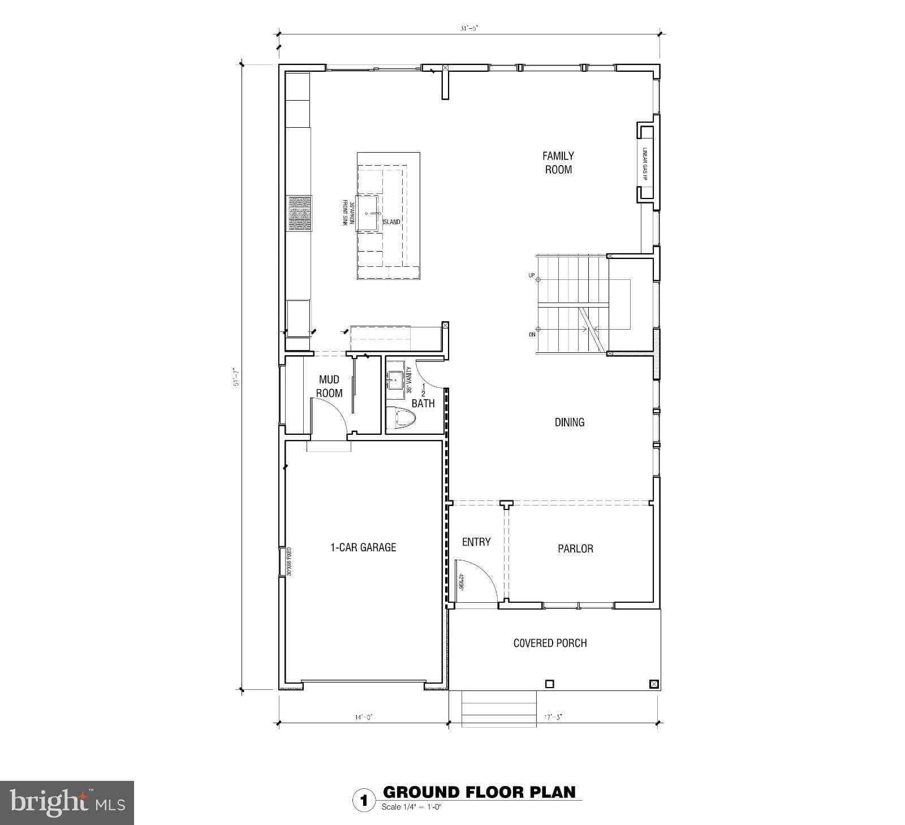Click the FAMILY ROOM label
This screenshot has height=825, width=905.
click(558, 163)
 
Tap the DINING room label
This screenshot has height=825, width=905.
click(569, 422)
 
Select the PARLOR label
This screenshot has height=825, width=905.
click(575, 548)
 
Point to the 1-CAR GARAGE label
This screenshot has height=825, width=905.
click(363, 547)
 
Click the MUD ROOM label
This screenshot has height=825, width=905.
click(329, 386)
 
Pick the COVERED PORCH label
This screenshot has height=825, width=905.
click(550, 643)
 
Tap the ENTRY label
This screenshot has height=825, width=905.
click(476, 542)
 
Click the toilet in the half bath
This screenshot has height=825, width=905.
click(403, 419)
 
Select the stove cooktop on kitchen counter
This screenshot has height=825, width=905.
click(299, 213)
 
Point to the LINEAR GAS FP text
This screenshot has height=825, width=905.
click(644, 165)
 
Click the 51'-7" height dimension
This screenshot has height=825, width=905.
click(238, 377)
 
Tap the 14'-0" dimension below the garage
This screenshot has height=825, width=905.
click(364, 717)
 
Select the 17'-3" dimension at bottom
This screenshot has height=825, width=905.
click(553, 717)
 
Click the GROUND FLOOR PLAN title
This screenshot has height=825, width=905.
click(479, 792)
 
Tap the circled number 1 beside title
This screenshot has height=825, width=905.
click(364, 801)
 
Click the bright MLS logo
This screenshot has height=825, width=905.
click(67, 803)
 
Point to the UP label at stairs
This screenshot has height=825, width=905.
click(531, 275)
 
